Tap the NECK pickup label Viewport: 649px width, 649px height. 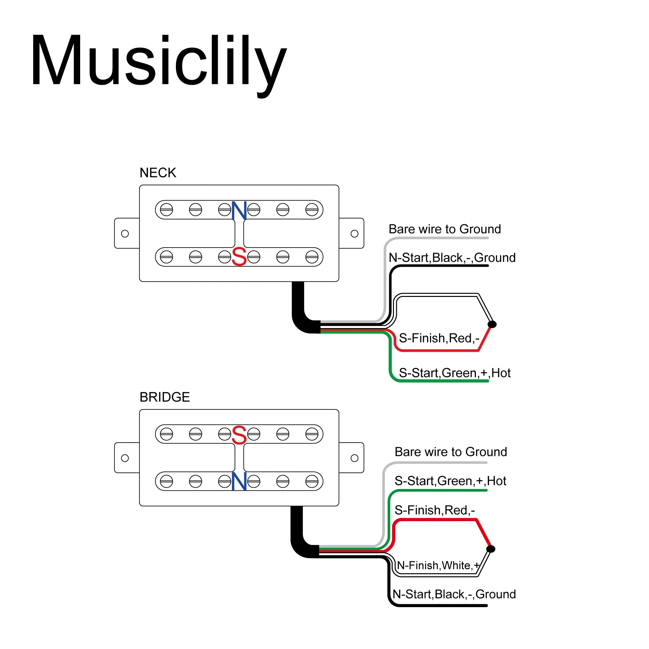click(x=158, y=173)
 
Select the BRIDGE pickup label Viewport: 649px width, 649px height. click(x=165, y=397)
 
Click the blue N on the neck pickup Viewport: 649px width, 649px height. click(x=239, y=210)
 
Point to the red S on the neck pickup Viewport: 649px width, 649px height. click(x=239, y=257)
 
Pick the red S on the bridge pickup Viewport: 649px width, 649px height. click(x=239, y=435)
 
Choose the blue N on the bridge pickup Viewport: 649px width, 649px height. click(x=239, y=481)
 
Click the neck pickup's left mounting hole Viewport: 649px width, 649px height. click(x=125, y=233)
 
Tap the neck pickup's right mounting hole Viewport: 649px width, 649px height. click(x=354, y=233)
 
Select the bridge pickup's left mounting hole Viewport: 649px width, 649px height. click(x=125, y=458)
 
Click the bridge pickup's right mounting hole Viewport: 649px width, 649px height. click(x=354, y=458)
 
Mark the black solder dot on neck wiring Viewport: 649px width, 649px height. click(x=492, y=324)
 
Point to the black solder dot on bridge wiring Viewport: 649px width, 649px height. click(x=491, y=549)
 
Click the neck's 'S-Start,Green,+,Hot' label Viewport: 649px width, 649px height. click(x=455, y=373)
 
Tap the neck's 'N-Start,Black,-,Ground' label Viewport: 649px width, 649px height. click(x=452, y=258)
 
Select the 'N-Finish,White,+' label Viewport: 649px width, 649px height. click(x=438, y=565)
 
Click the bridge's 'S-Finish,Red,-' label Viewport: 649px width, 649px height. click(x=435, y=510)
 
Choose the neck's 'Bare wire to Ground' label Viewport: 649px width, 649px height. click(x=445, y=229)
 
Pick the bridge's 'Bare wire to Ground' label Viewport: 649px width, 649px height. click(x=451, y=452)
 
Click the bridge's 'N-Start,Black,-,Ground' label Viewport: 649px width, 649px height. click(x=454, y=594)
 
